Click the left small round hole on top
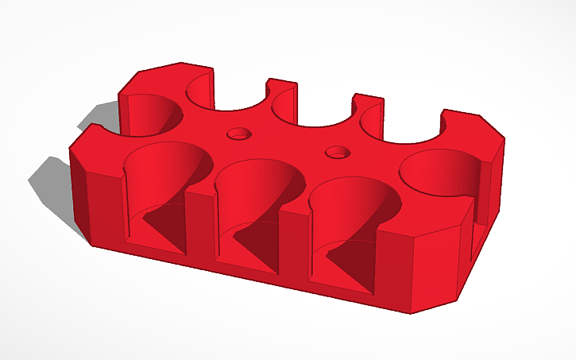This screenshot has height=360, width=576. pyautogui.click(x=237, y=134)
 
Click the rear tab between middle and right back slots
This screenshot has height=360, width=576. pyautogui.click(x=367, y=104)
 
